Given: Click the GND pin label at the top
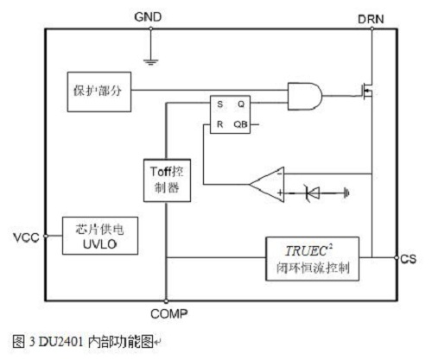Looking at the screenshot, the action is pyautogui.click(x=148, y=17).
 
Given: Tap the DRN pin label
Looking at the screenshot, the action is pyautogui.click(x=371, y=19).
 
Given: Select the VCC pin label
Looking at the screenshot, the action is pyautogui.click(x=26, y=237).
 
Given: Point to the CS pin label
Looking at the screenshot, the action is pyautogui.click(x=408, y=259).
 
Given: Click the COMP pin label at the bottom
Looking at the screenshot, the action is pyautogui.click(x=169, y=313).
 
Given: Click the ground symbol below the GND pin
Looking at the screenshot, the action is pyautogui.click(x=150, y=62).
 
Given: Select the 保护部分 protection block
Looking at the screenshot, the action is pyautogui.click(x=99, y=92).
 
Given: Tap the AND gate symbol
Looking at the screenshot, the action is pyautogui.click(x=305, y=97).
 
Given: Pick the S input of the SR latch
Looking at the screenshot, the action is pyautogui.click(x=219, y=104).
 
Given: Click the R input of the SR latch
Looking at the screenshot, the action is pyautogui.click(x=219, y=124).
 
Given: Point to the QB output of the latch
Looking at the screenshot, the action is pyautogui.click(x=240, y=124).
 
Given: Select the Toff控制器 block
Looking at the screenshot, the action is pyautogui.click(x=167, y=180).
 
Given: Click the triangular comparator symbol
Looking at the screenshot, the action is pyautogui.click(x=267, y=184).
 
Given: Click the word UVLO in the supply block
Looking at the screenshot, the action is pyautogui.click(x=99, y=244).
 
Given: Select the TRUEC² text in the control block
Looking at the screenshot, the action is pyautogui.click(x=308, y=250).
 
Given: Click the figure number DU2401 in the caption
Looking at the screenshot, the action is pyautogui.click(x=60, y=342).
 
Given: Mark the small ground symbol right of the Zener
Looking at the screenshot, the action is pyautogui.click(x=346, y=193).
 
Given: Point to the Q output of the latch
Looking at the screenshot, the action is pyautogui.click(x=241, y=104).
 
